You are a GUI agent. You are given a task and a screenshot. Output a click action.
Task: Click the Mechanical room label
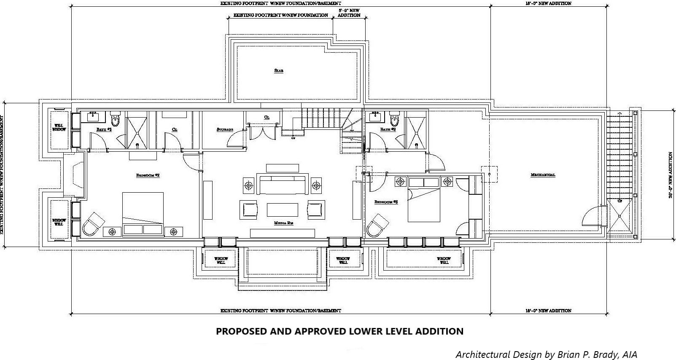coord(543,175)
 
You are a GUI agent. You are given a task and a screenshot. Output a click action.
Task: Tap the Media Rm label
coord(283,223)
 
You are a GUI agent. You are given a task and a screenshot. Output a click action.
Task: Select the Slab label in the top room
coord(278,71)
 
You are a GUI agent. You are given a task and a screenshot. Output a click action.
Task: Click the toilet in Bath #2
coord(116,119)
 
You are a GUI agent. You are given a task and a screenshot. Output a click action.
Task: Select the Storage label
coord(225,130)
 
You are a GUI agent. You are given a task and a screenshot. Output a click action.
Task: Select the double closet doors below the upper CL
coord(264,132)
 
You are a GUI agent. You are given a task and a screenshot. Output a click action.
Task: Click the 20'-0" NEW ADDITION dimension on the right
coord(671,175)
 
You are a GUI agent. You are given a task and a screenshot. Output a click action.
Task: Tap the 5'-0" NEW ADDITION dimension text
coord(349,13)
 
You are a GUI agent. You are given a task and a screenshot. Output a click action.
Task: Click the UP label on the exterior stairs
coord(620,201)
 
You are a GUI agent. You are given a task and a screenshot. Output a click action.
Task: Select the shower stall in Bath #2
coord(137,130)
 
